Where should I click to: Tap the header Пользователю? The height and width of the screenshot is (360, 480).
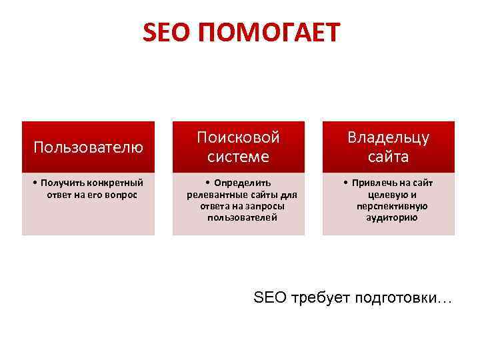pos(88,147)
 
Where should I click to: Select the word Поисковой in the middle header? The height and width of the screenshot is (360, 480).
pos(238,137)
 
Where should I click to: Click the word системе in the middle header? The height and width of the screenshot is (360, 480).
pos(238,157)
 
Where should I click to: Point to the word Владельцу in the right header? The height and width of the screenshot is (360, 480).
pos(388,137)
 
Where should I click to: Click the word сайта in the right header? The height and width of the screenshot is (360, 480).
pos(388,157)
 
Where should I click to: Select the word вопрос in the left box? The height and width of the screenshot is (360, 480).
pos(121,194)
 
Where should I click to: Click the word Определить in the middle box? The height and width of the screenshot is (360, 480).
pos(243,183)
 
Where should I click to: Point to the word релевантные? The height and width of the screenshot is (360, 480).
pos(213,194)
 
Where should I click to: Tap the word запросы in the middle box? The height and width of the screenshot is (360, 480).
pos(266,205)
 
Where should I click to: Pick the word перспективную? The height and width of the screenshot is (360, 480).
pos(388,205)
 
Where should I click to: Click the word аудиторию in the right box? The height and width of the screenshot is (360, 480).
pos(388,217)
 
